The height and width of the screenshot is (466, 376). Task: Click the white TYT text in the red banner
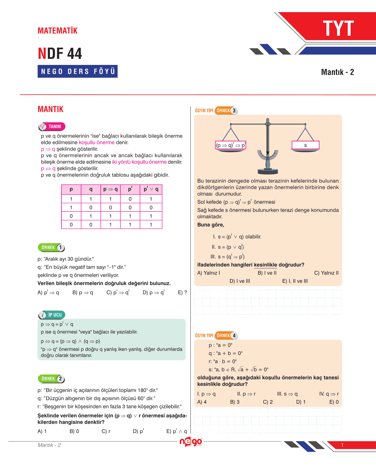click(x=338, y=29)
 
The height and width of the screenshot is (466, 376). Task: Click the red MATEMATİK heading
click(x=57, y=31)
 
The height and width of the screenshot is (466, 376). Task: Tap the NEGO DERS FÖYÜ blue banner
click(x=78, y=71)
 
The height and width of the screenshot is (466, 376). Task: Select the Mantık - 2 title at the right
click(x=337, y=72)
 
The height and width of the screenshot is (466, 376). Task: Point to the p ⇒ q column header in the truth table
click(x=110, y=190)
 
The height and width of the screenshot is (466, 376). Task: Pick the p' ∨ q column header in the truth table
click(x=151, y=190)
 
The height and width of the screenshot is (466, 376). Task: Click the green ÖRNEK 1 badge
click(x=51, y=247)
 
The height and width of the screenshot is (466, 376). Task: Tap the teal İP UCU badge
click(x=52, y=315)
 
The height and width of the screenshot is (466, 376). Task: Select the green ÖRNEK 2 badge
click(x=51, y=379)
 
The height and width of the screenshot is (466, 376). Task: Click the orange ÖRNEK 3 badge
click(x=226, y=111)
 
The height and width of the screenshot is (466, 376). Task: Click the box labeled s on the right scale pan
click(x=305, y=145)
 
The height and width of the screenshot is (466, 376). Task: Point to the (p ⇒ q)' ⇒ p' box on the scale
click(x=231, y=145)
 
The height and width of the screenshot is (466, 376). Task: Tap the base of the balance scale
click(x=268, y=171)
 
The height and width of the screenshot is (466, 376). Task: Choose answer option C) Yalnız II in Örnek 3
click(x=326, y=273)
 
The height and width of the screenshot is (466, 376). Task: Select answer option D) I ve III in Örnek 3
click(x=240, y=281)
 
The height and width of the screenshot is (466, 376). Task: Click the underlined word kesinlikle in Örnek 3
click(x=265, y=265)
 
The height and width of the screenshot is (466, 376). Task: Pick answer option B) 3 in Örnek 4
click(x=235, y=402)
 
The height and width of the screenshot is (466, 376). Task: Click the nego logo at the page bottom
click(x=190, y=442)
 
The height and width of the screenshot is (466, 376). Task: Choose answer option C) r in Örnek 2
click(x=106, y=431)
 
